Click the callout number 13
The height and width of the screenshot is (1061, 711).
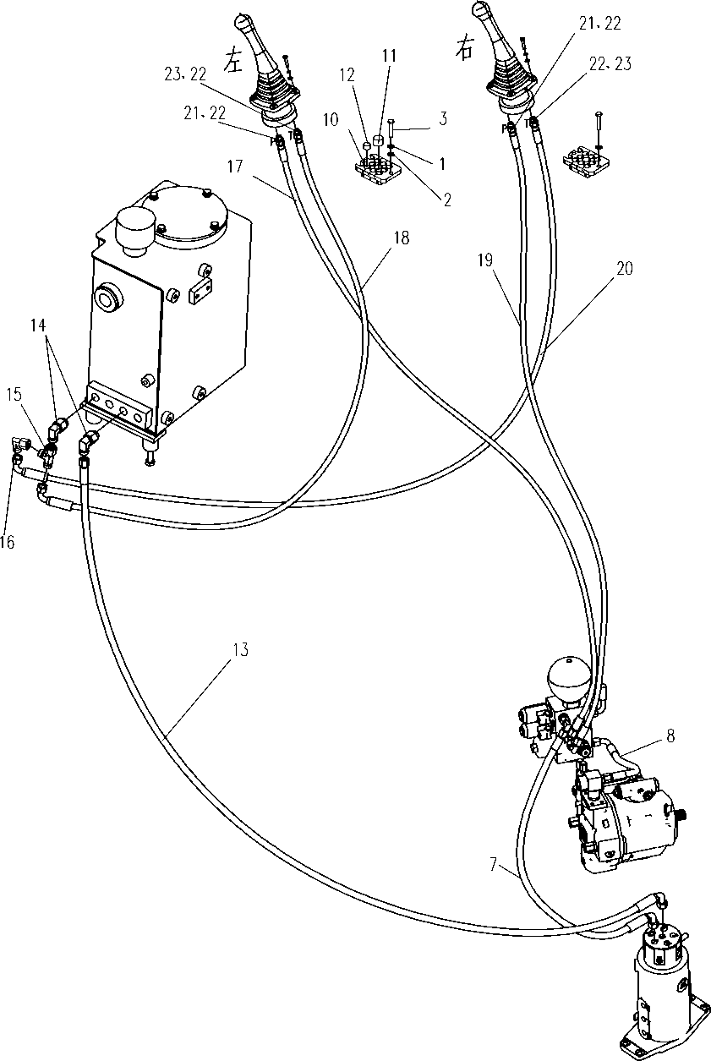[241, 649]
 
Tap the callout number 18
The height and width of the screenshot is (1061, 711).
[402, 238]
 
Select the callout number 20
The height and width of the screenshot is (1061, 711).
[625, 269]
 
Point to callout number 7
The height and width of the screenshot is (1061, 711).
[494, 866]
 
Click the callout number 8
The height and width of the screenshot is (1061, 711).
[670, 736]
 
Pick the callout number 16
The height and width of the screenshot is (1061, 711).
[8, 542]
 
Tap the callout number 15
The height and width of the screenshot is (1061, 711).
[14, 395]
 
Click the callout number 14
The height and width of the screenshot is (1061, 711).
[38, 325]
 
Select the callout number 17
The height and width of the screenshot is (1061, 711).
[235, 167]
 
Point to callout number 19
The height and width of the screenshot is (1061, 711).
[485, 260]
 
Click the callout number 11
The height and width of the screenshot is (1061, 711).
[389, 56]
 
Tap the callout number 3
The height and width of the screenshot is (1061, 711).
[442, 119]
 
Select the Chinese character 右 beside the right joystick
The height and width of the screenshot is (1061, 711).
[464, 49]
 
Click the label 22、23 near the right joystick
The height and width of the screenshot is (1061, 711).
[610, 64]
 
